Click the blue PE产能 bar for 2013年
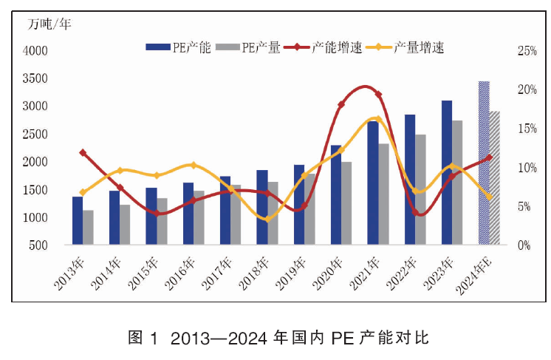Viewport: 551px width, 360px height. (x=78, y=220)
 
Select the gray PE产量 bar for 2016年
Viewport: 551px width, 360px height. (x=199, y=217)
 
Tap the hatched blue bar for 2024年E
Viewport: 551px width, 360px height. (x=484, y=163)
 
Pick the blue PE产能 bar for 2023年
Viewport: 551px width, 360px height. (x=447, y=172)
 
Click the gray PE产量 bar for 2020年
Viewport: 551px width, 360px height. (x=346, y=203)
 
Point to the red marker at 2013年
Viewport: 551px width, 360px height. (x=83, y=152)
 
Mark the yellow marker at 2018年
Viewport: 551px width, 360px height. (x=267, y=219)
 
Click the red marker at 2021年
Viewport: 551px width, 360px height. (x=378, y=94)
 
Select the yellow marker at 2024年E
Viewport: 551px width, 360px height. (x=489, y=197)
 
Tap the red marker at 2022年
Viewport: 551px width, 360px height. (x=415, y=212)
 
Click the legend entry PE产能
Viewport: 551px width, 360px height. (x=178, y=47)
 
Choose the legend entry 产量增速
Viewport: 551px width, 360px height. (x=405, y=47)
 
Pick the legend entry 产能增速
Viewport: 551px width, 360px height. (x=323, y=47)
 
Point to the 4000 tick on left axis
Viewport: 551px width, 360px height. (x=35, y=51)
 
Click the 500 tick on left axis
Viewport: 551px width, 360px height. (x=38, y=245)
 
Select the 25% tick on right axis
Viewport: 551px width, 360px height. (x=527, y=51)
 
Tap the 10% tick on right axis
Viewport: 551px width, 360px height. (x=527, y=168)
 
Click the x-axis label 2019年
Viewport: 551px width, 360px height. (x=291, y=274)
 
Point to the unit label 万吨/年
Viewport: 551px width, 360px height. (x=49, y=24)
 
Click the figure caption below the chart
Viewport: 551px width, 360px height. (x=278, y=338)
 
